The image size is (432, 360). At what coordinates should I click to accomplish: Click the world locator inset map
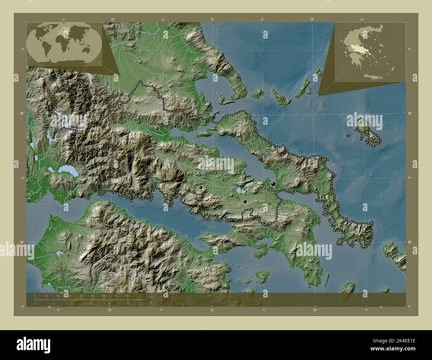(64, 44)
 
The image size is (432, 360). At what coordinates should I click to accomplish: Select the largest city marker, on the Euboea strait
(273, 184)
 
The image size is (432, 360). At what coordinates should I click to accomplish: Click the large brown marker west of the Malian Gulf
(157, 128)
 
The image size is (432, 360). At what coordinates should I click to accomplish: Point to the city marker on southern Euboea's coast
(355, 240)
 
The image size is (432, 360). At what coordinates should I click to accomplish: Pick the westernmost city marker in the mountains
(94, 126)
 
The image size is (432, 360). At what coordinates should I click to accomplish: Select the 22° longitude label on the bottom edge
(109, 310)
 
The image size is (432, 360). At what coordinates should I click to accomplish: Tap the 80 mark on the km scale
(127, 296)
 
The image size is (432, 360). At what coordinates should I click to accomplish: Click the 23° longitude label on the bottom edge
(212, 310)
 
